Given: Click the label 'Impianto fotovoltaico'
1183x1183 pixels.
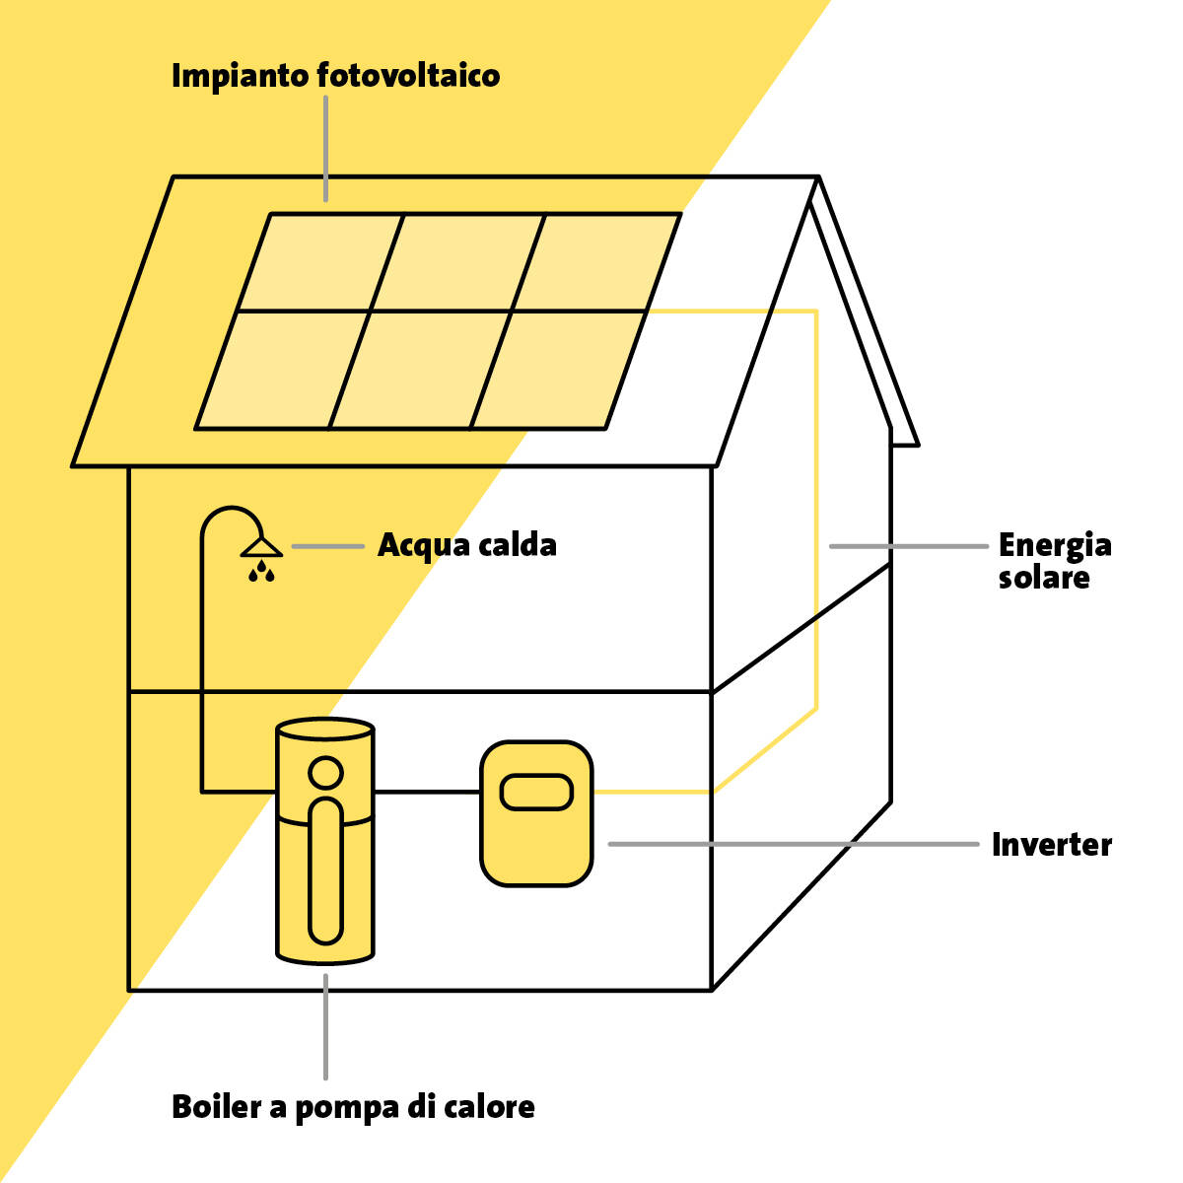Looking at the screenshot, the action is (335, 77).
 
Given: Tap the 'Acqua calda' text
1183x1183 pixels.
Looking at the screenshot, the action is (466, 545).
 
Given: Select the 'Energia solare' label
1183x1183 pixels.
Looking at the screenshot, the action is (1054, 561).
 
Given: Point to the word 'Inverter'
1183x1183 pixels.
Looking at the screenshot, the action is (1052, 845).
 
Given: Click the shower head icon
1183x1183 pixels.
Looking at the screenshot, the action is (261, 547).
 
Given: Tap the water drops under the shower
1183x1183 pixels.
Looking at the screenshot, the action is (261, 571).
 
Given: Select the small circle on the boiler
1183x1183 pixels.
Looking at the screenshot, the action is (325, 772).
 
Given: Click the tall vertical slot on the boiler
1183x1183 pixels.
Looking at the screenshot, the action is (325, 871).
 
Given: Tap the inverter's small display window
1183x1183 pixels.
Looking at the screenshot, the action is (536, 793).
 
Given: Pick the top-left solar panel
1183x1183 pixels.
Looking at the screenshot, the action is (320, 263).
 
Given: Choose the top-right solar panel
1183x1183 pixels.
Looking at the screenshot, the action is (596, 263).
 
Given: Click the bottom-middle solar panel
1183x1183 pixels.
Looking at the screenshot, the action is (420, 371).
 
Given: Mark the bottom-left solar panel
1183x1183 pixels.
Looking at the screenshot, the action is (282, 371).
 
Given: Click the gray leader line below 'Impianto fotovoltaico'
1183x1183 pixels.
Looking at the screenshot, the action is (325, 149).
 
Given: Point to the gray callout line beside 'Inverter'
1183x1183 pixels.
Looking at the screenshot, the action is (794, 844).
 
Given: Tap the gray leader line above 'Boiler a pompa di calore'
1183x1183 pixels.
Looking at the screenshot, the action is (325, 1026).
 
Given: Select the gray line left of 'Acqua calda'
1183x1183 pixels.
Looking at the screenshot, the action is (328, 546).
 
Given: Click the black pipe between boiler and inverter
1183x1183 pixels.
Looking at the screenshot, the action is (427, 792).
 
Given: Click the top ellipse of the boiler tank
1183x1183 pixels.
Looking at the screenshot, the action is (325, 730).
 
